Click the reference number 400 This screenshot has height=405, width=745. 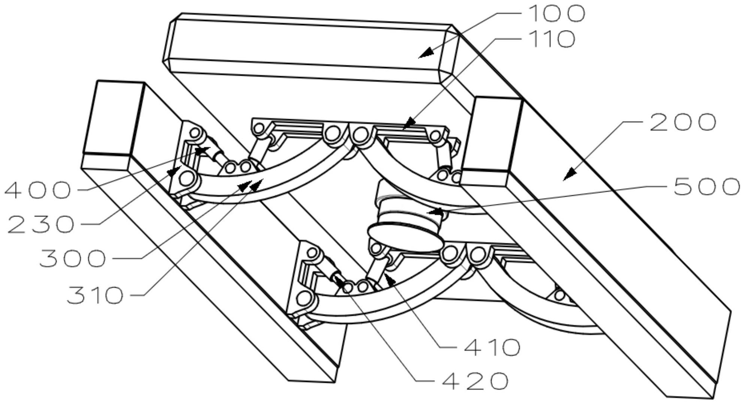(x=37, y=190)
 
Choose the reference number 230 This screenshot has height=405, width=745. (x=40, y=225)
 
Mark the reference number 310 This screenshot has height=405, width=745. (x=95, y=295)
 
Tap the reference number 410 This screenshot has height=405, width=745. (x=492, y=347)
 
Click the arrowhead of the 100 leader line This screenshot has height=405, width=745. (x=426, y=53)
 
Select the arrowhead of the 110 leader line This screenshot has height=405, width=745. (x=410, y=123)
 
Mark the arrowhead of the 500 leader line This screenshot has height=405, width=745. (x=436, y=212)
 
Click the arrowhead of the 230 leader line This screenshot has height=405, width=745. (x=172, y=171)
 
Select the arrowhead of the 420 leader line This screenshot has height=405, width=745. (x=339, y=282)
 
